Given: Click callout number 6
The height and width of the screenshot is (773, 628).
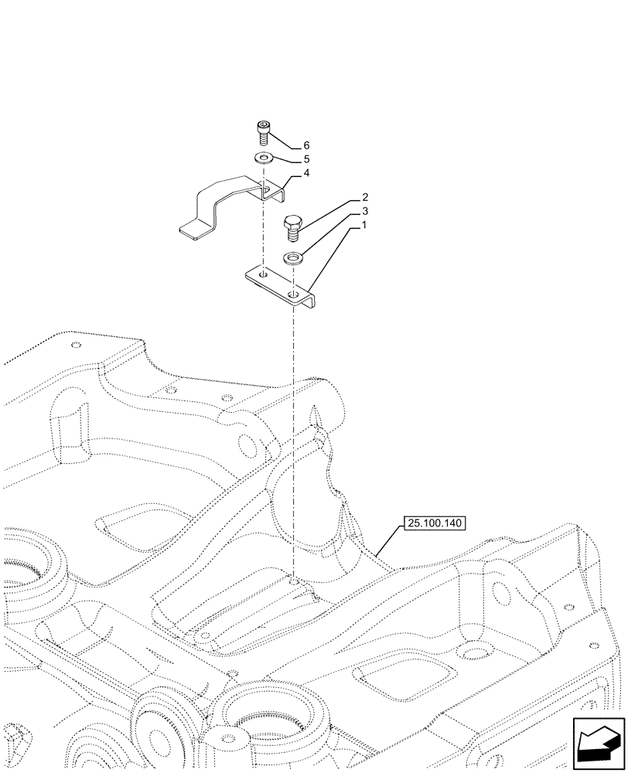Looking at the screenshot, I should (x=306, y=145).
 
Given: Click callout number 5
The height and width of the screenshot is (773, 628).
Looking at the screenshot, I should (x=306, y=159).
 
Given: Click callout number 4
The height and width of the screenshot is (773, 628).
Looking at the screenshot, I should (x=306, y=174).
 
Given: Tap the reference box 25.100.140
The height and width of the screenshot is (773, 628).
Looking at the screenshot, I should (x=433, y=524).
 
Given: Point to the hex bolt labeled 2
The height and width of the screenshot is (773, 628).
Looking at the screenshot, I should (x=293, y=228).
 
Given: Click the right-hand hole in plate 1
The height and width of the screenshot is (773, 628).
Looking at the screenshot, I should (x=294, y=295).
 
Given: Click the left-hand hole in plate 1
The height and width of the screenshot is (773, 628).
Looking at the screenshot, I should (x=262, y=273).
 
